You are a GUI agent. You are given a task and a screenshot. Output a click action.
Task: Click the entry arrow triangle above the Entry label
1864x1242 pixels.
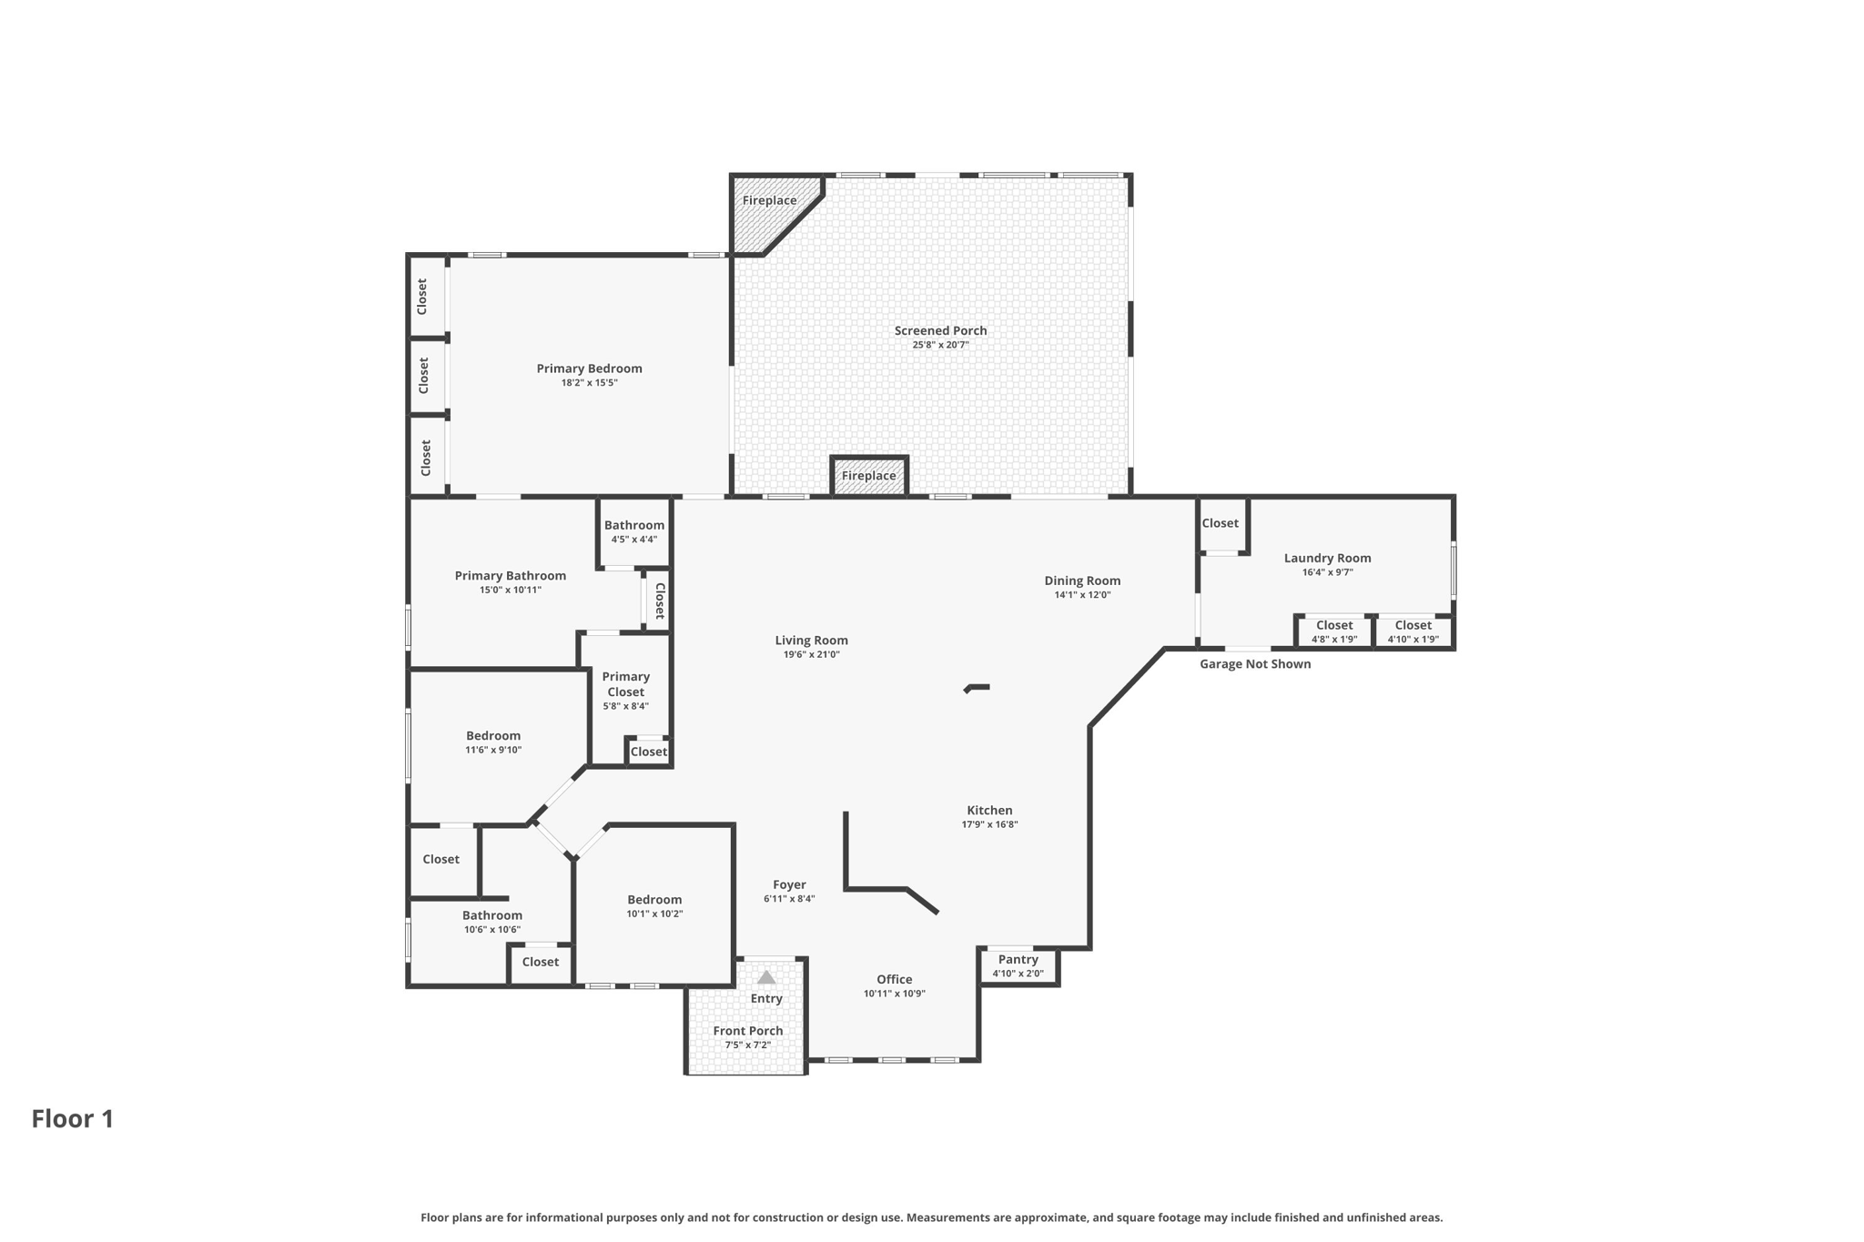click(766, 977)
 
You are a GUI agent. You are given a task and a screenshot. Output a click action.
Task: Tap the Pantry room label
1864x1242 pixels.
click(1018, 959)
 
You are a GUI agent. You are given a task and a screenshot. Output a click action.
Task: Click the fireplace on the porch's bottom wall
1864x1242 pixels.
click(868, 476)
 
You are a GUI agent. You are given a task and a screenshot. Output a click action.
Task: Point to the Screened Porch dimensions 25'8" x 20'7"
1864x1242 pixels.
click(940, 345)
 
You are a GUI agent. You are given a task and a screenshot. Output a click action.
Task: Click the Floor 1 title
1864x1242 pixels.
click(73, 1118)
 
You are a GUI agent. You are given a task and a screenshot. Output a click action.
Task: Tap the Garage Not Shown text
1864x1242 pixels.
click(1254, 664)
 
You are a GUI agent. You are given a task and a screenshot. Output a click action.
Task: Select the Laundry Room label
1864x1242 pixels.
click(1327, 558)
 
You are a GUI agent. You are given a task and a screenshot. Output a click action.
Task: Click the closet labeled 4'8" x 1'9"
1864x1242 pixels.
click(1334, 631)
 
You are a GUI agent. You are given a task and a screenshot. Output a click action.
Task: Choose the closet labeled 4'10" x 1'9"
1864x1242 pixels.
click(1413, 631)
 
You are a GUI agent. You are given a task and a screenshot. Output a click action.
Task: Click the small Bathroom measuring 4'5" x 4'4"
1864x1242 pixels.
click(634, 531)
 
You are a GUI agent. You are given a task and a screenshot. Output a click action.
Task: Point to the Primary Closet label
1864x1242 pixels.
click(625, 684)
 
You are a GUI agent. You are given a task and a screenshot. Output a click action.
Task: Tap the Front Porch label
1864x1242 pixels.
click(747, 1031)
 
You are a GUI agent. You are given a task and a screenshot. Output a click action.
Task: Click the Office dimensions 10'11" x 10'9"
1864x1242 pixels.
click(894, 994)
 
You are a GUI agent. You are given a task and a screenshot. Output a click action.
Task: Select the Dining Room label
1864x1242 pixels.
click(1082, 581)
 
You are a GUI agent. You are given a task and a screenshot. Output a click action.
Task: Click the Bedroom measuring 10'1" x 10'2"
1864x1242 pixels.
click(654, 906)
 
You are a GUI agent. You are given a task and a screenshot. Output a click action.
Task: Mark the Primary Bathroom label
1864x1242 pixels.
click(510, 576)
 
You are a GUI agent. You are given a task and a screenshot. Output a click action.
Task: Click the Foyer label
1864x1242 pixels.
click(789, 884)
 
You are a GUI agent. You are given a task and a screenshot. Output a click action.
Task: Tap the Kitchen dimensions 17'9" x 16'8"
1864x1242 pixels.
click(989, 824)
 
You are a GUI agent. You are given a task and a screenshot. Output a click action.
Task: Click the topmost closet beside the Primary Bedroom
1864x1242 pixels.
click(423, 297)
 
